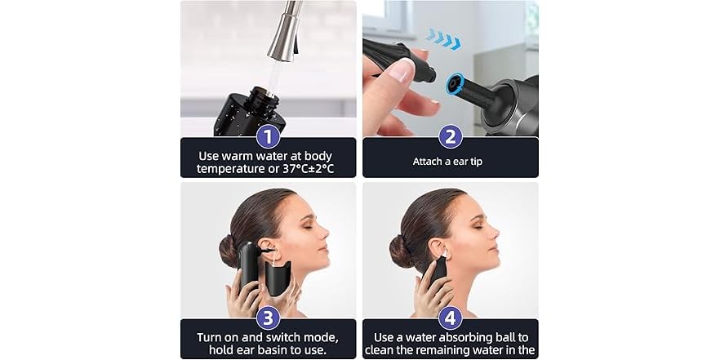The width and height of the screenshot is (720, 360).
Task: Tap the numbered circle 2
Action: point(450,136)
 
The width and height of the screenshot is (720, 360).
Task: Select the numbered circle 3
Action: point(268,317)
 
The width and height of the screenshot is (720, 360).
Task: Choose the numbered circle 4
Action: point(450,317)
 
